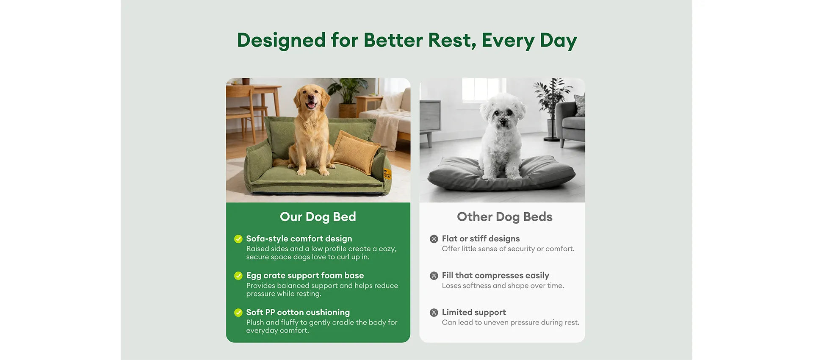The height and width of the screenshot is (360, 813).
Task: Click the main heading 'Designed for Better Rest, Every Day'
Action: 406,41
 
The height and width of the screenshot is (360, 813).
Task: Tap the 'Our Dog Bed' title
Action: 318,217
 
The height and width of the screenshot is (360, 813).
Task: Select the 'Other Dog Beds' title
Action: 505,217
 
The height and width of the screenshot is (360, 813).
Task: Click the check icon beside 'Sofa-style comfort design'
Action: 238,239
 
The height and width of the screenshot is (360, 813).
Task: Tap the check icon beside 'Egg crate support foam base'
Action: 238,276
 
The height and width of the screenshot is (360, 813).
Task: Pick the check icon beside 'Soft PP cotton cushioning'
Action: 238,313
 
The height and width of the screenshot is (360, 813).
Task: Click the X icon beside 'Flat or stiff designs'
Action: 434,239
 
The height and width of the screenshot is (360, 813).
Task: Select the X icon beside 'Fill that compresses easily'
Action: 434,276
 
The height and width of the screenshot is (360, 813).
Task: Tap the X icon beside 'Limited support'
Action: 434,313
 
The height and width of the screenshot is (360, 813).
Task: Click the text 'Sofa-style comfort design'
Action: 299,239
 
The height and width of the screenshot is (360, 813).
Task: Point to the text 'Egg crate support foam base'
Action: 305,276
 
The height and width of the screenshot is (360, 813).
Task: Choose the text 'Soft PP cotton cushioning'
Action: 298,313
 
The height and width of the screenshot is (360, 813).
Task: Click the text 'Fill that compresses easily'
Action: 495,276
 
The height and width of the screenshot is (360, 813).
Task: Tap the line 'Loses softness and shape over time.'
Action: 503,286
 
